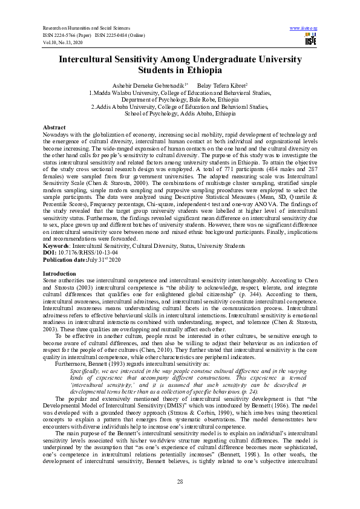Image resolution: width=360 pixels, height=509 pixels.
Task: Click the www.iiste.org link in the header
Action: pyautogui.click(x=304, y=28)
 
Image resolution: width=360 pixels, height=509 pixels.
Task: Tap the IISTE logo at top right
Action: pyautogui.click(x=310, y=41)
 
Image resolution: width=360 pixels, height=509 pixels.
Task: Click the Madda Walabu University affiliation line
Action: pyautogui.click(x=180, y=93)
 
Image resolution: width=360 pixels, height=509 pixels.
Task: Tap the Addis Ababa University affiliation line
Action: pyautogui.click(x=180, y=106)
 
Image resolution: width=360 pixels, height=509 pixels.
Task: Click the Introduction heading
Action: pyautogui.click(x=59, y=274)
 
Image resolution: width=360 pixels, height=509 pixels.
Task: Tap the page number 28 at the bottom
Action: pyautogui.click(x=180, y=481)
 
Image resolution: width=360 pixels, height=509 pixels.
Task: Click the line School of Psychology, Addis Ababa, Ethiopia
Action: pyautogui.click(x=180, y=113)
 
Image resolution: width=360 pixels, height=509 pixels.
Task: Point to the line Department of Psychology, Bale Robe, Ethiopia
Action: pyautogui.click(x=180, y=100)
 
